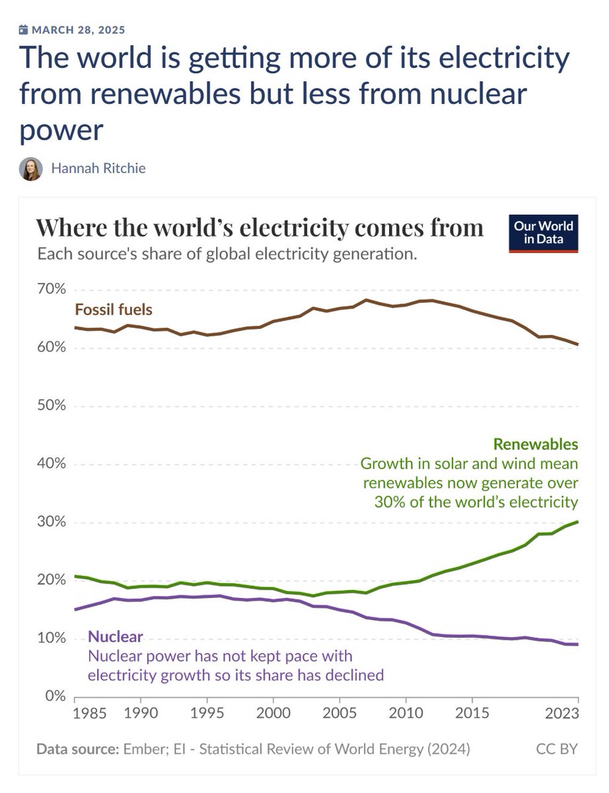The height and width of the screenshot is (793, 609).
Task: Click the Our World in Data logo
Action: (x=543, y=233)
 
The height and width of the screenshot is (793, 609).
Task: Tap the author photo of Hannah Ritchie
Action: (x=30, y=169)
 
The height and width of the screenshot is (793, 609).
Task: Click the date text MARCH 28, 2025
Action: (x=78, y=30)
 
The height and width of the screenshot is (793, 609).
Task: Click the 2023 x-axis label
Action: (x=563, y=714)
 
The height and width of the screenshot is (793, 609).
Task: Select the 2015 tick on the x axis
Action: (x=472, y=714)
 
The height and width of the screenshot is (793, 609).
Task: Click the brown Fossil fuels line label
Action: (x=114, y=309)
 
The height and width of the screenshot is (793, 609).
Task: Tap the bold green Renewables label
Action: (x=536, y=443)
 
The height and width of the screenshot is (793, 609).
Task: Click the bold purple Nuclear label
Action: (x=116, y=638)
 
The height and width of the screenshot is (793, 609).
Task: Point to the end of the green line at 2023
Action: (x=578, y=522)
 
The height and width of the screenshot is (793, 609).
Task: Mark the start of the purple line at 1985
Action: (x=75, y=609)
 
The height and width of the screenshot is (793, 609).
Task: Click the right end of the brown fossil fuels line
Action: (x=578, y=344)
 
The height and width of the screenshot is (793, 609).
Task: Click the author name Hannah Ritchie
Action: (x=98, y=169)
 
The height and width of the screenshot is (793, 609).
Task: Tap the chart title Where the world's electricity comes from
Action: (x=260, y=228)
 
